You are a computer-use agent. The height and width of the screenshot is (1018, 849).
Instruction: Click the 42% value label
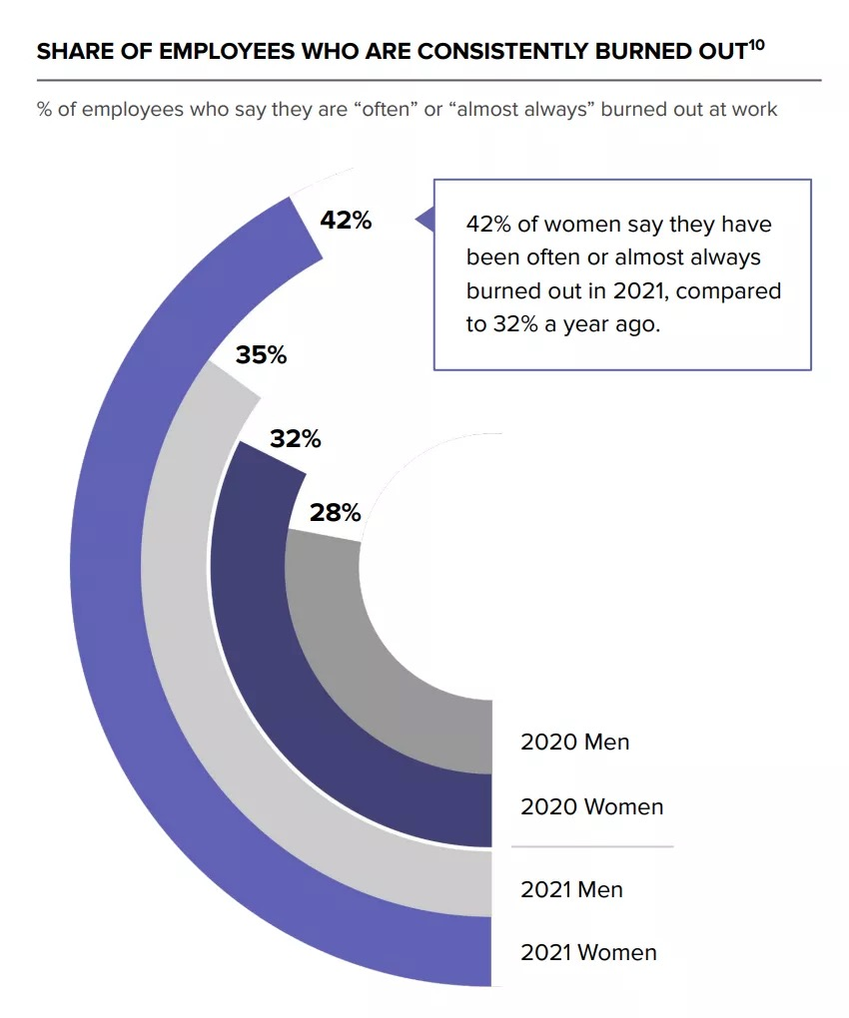346,221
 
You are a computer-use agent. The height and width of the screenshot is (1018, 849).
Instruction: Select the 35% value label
261,354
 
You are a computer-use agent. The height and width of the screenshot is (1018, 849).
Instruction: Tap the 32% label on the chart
295,438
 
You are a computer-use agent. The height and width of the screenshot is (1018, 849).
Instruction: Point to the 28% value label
335,513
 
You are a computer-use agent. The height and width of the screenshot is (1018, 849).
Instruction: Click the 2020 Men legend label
574,743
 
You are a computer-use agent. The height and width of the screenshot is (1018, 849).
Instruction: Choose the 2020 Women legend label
591,806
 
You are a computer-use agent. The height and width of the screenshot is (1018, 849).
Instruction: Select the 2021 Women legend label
588,952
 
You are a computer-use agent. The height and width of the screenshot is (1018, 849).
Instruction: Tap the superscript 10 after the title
756,44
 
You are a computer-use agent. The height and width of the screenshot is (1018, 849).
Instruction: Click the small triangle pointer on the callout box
425,220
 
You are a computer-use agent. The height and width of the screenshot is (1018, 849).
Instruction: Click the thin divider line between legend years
591,846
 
